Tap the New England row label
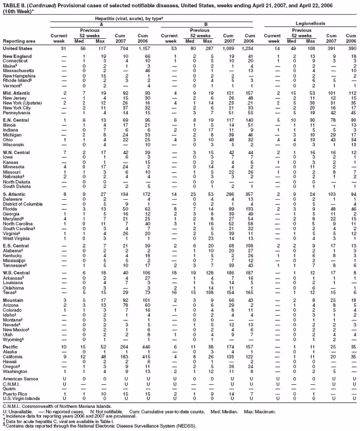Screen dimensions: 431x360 click(x=16, y=57)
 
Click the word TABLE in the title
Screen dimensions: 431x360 click(x=11, y=4)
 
